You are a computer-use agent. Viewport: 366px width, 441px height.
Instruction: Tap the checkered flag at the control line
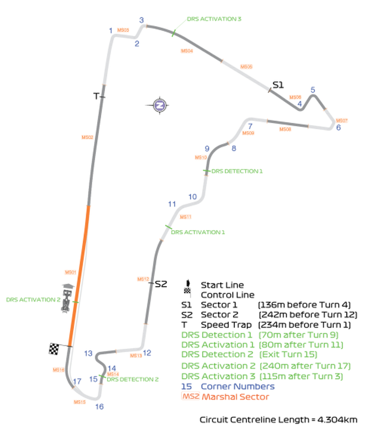pyautogui.click(x=54, y=348)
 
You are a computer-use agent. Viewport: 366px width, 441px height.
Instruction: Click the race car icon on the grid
pyautogui.click(x=68, y=298)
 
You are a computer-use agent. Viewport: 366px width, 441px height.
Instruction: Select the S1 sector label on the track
pyautogui.click(x=278, y=85)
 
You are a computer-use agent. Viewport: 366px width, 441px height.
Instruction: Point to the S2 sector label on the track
pyautogui.click(x=161, y=284)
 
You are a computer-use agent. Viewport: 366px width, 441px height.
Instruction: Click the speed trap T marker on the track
pyautogui.click(x=96, y=96)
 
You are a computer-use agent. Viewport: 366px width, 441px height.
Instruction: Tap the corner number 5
pyautogui.click(x=313, y=90)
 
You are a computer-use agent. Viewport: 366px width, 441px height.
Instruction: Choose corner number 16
pyautogui.click(x=99, y=406)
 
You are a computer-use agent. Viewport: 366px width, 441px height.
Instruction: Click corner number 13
pyautogui.click(x=88, y=353)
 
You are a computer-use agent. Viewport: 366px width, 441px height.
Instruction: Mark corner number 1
pyautogui.click(x=111, y=31)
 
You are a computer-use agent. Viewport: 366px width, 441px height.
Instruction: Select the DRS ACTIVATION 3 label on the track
pyautogui.click(x=214, y=19)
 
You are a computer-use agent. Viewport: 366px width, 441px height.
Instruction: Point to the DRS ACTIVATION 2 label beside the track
pyautogui.click(x=33, y=300)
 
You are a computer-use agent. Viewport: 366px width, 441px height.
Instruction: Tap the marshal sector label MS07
pyautogui.click(x=342, y=120)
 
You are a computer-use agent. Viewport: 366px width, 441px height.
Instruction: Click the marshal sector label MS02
pyautogui.click(x=87, y=137)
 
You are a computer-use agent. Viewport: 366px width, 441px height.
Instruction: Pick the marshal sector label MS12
pyautogui.click(x=143, y=279)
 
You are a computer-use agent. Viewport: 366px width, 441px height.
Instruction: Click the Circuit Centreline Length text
pyautogui.click(x=278, y=419)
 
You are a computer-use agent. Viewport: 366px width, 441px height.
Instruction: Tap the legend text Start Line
pyautogui.click(x=222, y=285)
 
